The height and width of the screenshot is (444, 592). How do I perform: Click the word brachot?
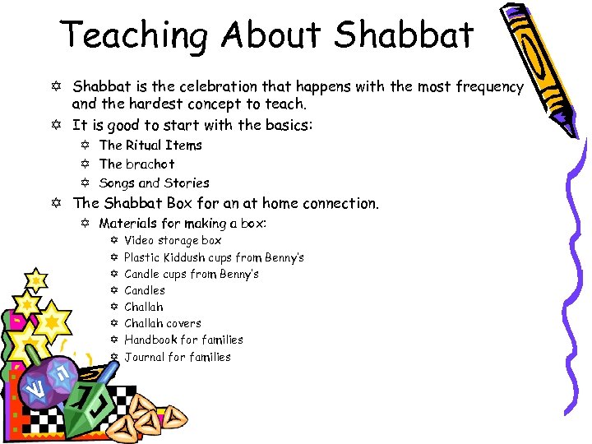pyautogui.click(x=150, y=164)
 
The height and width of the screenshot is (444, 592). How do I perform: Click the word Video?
pyautogui.click(x=141, y=240)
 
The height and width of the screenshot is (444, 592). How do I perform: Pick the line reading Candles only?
pyautogui.click(x=145, y=290)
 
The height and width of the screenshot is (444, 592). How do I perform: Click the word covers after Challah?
pyautogui.click(x=184, y=323)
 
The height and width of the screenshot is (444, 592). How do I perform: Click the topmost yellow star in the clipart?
pyautogui.click(x=35, y=279)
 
